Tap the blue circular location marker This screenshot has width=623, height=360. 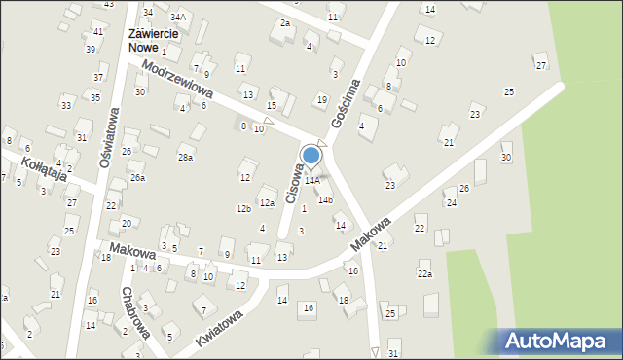(311, 155)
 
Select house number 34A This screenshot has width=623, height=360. (177, 17)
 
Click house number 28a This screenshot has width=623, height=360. (185, 157)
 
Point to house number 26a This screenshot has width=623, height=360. (138, 178)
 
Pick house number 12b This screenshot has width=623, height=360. (243, 208)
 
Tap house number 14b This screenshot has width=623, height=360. (325, 200)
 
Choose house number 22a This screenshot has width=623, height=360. (425, 274)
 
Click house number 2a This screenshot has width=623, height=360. (285, 22)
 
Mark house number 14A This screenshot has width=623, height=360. (312, 180)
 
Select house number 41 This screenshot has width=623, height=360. (98, 32)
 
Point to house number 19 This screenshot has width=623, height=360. (322, 100)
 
